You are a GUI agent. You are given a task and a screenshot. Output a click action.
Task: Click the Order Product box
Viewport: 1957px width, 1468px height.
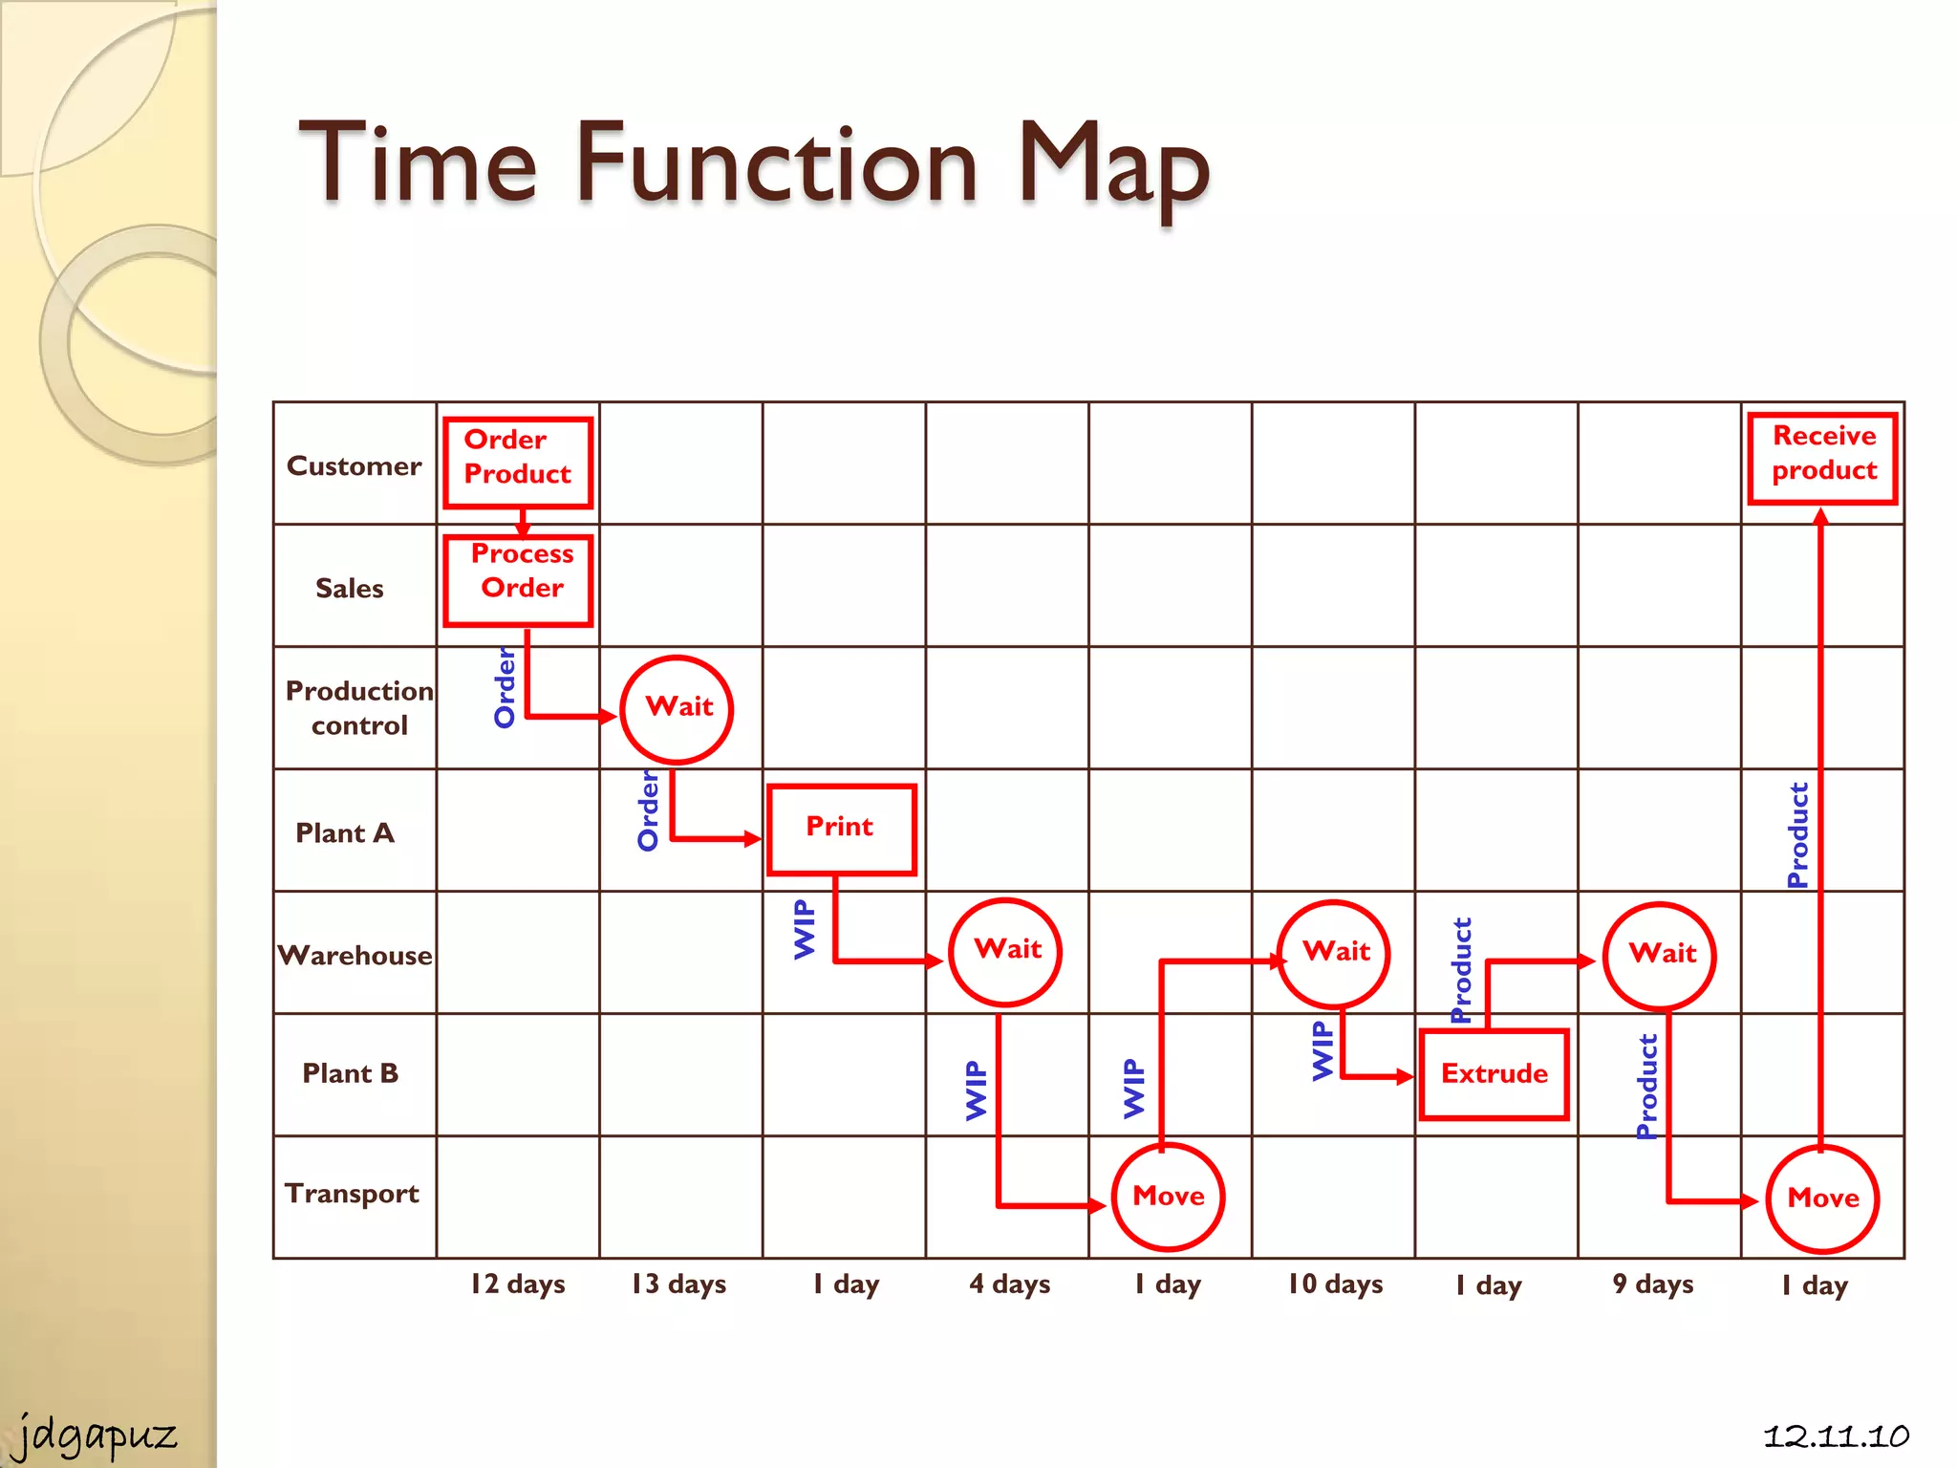[x=518, y=463]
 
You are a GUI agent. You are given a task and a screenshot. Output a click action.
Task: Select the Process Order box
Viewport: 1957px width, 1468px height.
[x=518, y=580]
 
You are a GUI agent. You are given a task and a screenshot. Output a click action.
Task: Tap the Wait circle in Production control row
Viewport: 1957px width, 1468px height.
[x=677, y=709]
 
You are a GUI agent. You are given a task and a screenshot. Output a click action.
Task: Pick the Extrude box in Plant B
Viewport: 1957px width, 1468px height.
[x=1494, y=1074]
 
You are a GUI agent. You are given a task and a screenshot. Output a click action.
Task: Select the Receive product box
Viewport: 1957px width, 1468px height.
[x=1822, y=458]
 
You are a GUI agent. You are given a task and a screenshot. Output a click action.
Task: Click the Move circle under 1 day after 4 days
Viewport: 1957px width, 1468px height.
[x=1168, y=1197]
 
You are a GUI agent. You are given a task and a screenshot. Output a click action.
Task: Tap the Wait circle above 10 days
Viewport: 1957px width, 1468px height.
[x=1334, y=953]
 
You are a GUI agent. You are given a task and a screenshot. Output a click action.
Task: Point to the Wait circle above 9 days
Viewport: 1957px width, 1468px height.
[x=1660, y=955]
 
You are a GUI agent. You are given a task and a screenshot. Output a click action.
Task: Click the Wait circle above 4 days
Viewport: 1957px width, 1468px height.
[x=1005, y=952]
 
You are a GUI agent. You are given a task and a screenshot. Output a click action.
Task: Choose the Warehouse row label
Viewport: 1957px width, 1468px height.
[x=355, y=955]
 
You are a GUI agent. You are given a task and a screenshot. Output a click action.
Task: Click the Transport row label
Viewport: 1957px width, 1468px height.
[x=352, y=1194]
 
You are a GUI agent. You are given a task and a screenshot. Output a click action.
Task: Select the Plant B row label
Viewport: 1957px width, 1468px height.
[x=350, y=1073]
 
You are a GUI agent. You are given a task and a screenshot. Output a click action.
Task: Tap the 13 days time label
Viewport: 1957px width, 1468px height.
[x=678, y=1284]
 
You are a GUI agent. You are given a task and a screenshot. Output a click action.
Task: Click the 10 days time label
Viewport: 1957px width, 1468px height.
[x=1335, y=1284]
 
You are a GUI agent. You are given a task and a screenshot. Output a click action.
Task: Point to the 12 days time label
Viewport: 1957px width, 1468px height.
[x=517, y=1284]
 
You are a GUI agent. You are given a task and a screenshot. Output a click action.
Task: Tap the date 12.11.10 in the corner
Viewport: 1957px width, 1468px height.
[x=1836, y=1436]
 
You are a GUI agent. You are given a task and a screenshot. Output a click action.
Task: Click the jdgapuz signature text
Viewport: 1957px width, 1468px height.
[x=96, y=1435]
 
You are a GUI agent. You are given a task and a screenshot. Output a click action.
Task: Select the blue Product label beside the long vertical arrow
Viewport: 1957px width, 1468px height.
[x=1797, y=834]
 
